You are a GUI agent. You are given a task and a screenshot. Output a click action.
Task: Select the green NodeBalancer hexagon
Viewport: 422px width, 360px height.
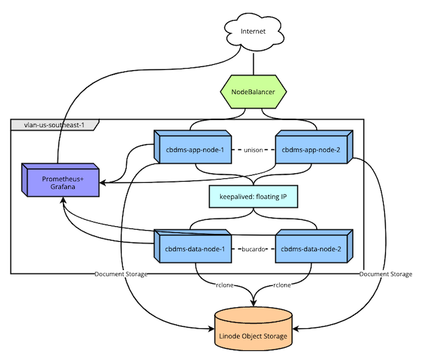[253, 93]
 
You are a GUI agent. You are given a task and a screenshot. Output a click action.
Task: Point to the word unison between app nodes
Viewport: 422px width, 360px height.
[253, 150]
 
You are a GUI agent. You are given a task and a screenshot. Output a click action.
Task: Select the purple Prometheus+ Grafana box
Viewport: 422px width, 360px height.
[59, 182]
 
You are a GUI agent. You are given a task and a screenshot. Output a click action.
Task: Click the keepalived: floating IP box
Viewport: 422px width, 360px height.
[253, 196]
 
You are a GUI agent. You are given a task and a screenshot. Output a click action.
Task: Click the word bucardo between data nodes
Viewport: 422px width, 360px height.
[253, 249]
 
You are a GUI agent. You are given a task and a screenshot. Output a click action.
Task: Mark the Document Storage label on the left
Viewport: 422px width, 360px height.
[121, 274]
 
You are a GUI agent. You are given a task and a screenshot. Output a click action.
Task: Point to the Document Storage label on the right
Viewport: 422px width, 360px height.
[386, 274]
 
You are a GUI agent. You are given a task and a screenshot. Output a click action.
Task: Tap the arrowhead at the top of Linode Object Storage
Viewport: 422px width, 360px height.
[253, 304]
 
